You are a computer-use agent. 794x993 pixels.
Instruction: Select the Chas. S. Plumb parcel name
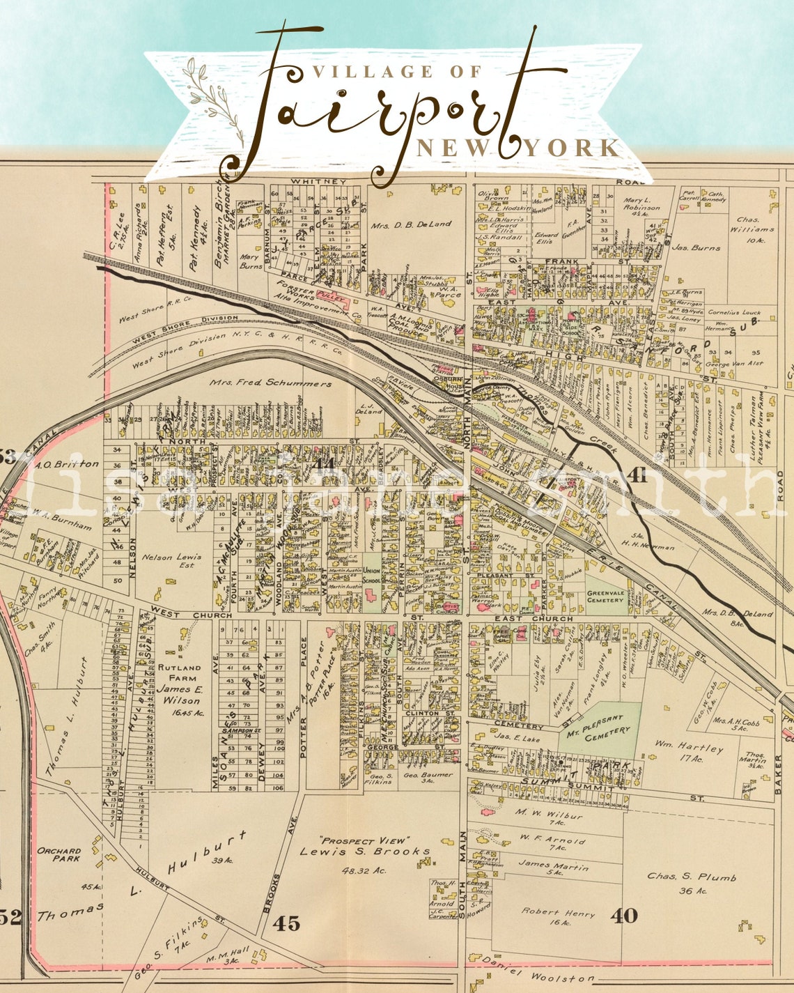(x=692, y=877)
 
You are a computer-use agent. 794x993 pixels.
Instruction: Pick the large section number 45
(x=286, y=923)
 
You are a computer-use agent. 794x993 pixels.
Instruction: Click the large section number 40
(x=623, y=915)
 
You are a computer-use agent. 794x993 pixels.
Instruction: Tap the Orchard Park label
(x=59, y=854)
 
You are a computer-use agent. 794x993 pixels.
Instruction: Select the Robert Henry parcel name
(x=557, y=914)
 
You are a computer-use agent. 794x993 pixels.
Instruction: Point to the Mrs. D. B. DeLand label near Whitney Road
(x=411, y=224)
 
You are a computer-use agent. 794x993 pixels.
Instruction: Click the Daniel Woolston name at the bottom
(x=540, y=976)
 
